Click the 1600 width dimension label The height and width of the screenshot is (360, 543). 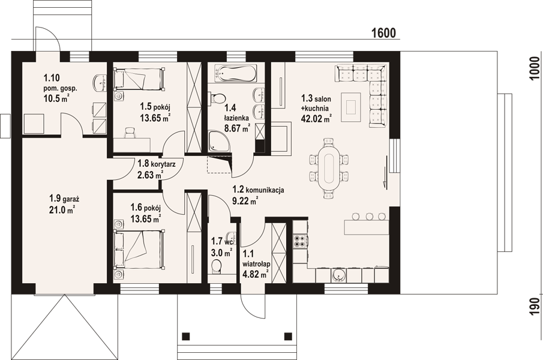tap(383, 33)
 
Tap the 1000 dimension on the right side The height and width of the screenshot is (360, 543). tap(535, 68)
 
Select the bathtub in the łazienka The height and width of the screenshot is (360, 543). tap(236, 73)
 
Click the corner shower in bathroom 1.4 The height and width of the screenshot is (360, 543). tap(219, 141)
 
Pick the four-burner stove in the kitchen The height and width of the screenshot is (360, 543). tap(299, 242)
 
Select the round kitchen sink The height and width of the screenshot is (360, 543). tap(337, 275)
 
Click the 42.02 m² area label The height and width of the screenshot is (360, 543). tap(317, 119)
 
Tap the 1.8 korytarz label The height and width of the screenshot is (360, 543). tap(157, 163)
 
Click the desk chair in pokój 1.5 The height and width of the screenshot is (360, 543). tap(129, 132)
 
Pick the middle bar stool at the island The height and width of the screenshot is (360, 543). tap(370, 217)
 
